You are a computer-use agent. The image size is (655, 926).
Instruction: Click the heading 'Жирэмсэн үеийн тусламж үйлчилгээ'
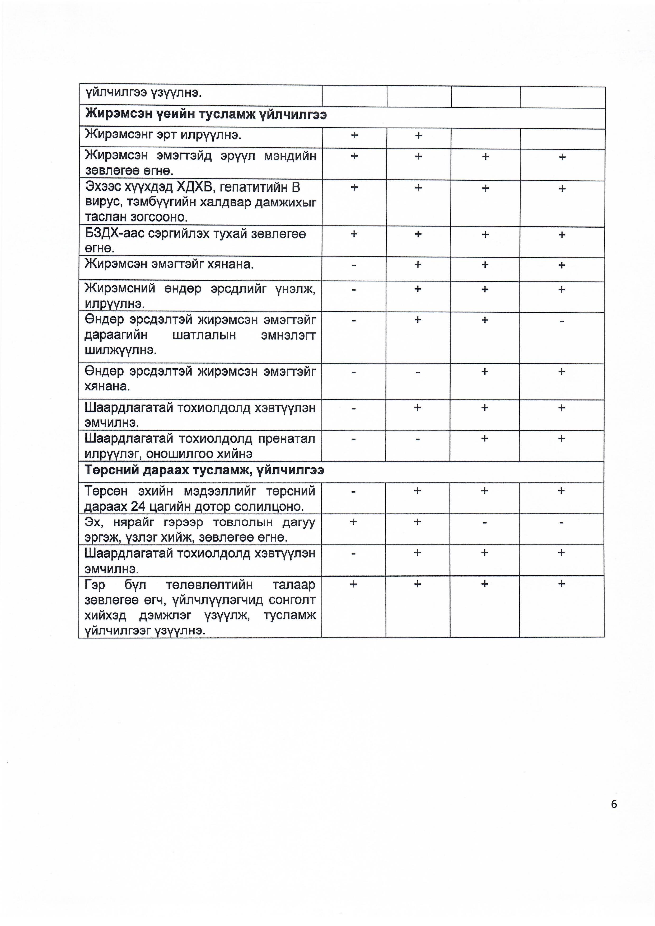point(206,115)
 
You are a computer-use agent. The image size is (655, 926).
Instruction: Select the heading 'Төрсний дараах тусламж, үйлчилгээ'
point(204,470)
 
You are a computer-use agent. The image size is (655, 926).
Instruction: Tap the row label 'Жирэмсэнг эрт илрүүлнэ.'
point(163,135)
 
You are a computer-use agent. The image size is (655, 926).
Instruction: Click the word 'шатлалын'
point(204,335)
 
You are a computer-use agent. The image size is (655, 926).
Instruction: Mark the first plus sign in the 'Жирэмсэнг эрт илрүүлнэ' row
point(354,135)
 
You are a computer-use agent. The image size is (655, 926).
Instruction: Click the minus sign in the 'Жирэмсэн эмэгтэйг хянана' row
point(354,265)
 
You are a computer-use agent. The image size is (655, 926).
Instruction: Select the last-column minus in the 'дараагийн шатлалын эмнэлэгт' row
point(562,321)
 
